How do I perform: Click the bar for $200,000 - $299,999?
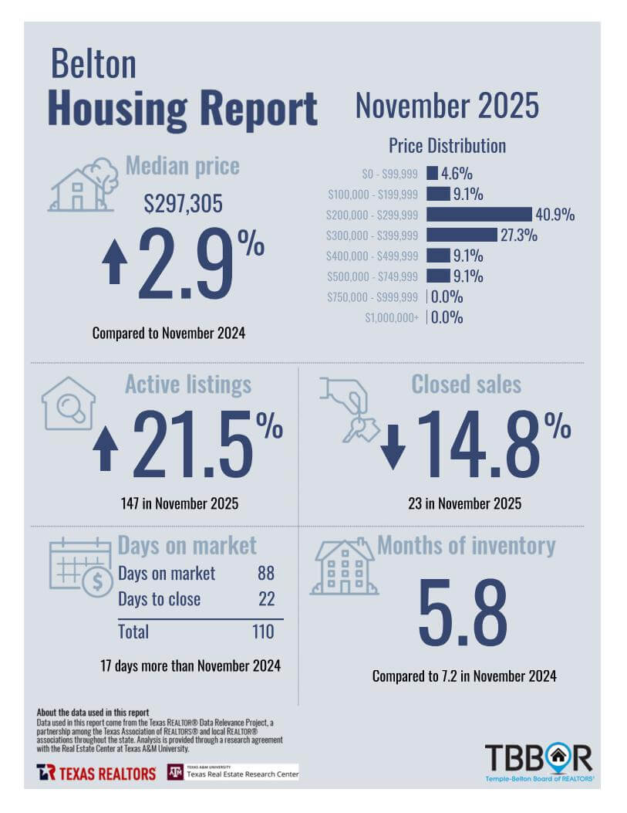(479, 215)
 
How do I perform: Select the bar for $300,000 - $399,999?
(461, 235)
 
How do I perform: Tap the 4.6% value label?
(457, 174)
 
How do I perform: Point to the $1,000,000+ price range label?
(392, 317)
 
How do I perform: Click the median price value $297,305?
(183, 204)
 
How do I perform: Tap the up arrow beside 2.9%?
(115, 261)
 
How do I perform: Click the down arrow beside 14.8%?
(393, 447)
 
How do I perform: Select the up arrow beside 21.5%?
(105, 447)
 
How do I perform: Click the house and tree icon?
(83, 185)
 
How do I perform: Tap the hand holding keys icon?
(349, 408)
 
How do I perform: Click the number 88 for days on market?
(265, 574)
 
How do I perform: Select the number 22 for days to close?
(265, 599)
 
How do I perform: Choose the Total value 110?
(262, 632)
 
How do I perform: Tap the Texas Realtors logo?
(96, 773)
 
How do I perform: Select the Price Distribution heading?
(447, 145)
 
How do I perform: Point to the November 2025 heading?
(447, 107)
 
